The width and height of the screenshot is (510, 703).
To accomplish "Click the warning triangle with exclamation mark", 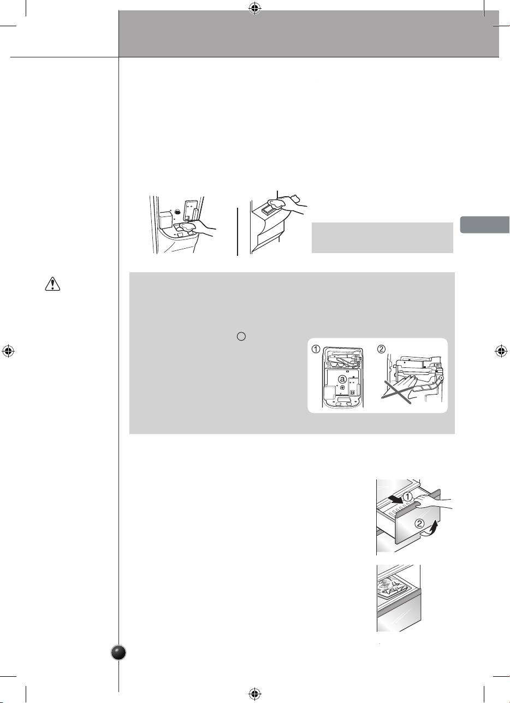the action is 52,284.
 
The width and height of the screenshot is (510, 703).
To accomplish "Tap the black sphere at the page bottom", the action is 119,653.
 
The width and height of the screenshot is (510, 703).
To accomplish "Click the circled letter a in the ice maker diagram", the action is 342,379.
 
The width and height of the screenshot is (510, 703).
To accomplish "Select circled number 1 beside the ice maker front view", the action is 316,349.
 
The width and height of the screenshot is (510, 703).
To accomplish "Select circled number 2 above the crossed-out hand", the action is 381,349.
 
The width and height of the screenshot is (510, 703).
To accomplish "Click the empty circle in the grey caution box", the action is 241,336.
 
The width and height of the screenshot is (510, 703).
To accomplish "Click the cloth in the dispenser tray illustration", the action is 188,227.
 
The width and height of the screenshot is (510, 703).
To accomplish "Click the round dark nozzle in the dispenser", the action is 177,212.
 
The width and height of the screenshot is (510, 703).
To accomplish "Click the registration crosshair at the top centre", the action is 255,9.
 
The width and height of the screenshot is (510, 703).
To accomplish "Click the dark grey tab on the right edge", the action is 485,224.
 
